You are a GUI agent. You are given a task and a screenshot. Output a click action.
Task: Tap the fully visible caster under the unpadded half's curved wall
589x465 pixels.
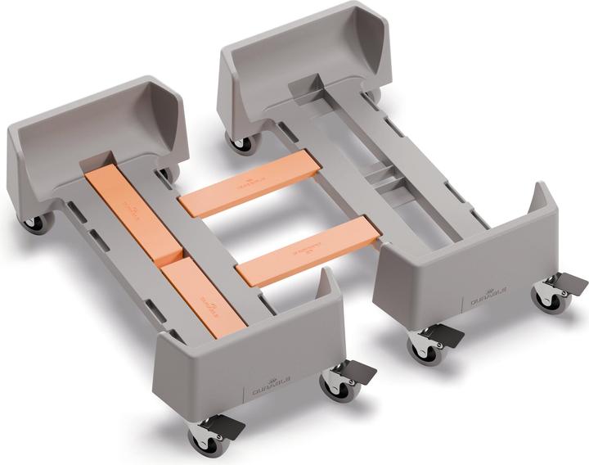pos(241,144)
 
